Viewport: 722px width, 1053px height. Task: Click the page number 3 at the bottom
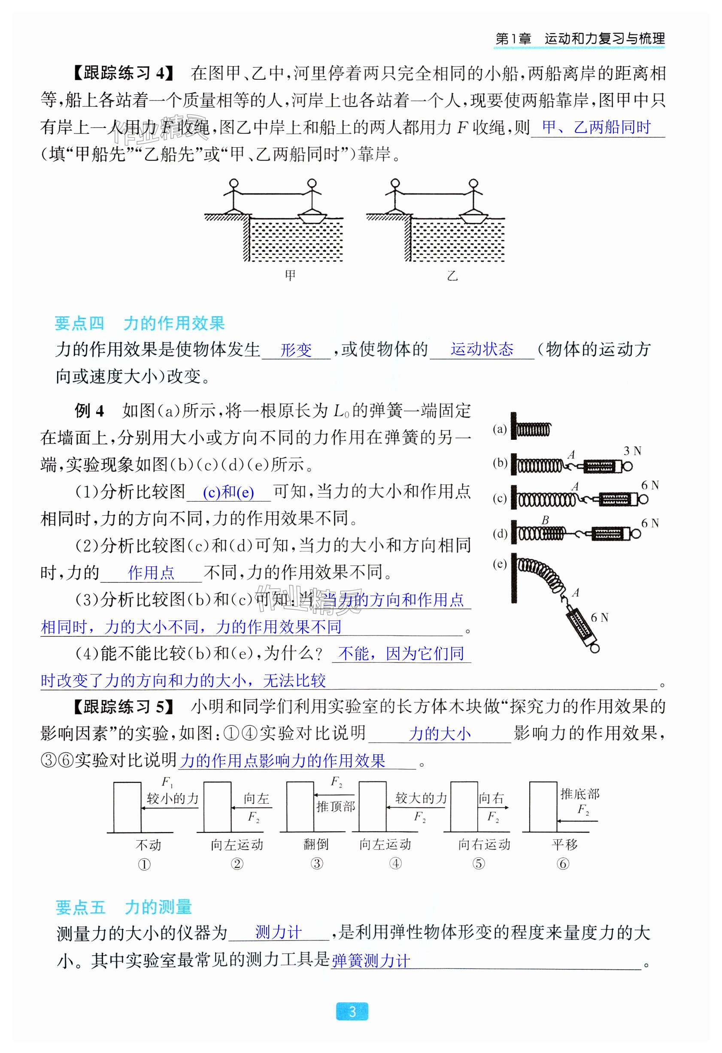coord(352,1011)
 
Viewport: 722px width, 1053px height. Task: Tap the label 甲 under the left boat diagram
coord(290,275)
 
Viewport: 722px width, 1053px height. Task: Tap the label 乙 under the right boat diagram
coord(452,275)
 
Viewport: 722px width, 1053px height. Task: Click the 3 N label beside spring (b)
coord(632,451)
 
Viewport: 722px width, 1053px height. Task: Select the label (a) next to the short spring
coord(500,429)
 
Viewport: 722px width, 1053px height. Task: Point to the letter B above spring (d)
coord(545,520)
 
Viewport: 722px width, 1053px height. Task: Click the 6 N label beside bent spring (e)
coord(599,617)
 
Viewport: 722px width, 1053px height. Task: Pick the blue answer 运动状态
coord(482,349)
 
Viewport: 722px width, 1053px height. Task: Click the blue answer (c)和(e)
coord(228,492)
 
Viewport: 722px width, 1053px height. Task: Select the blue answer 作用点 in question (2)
coord(151,573)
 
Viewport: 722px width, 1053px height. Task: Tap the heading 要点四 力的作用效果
coord(140,323)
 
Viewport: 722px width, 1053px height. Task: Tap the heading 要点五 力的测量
coord(124,907)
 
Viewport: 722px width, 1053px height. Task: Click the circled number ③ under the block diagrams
coord(317,864)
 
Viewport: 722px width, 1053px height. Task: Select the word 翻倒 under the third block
coord(316,844)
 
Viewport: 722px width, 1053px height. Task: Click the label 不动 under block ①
coord(148,844)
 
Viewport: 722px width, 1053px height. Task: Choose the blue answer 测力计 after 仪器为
coord(278,932)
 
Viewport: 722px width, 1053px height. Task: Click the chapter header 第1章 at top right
coord(513,39)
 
